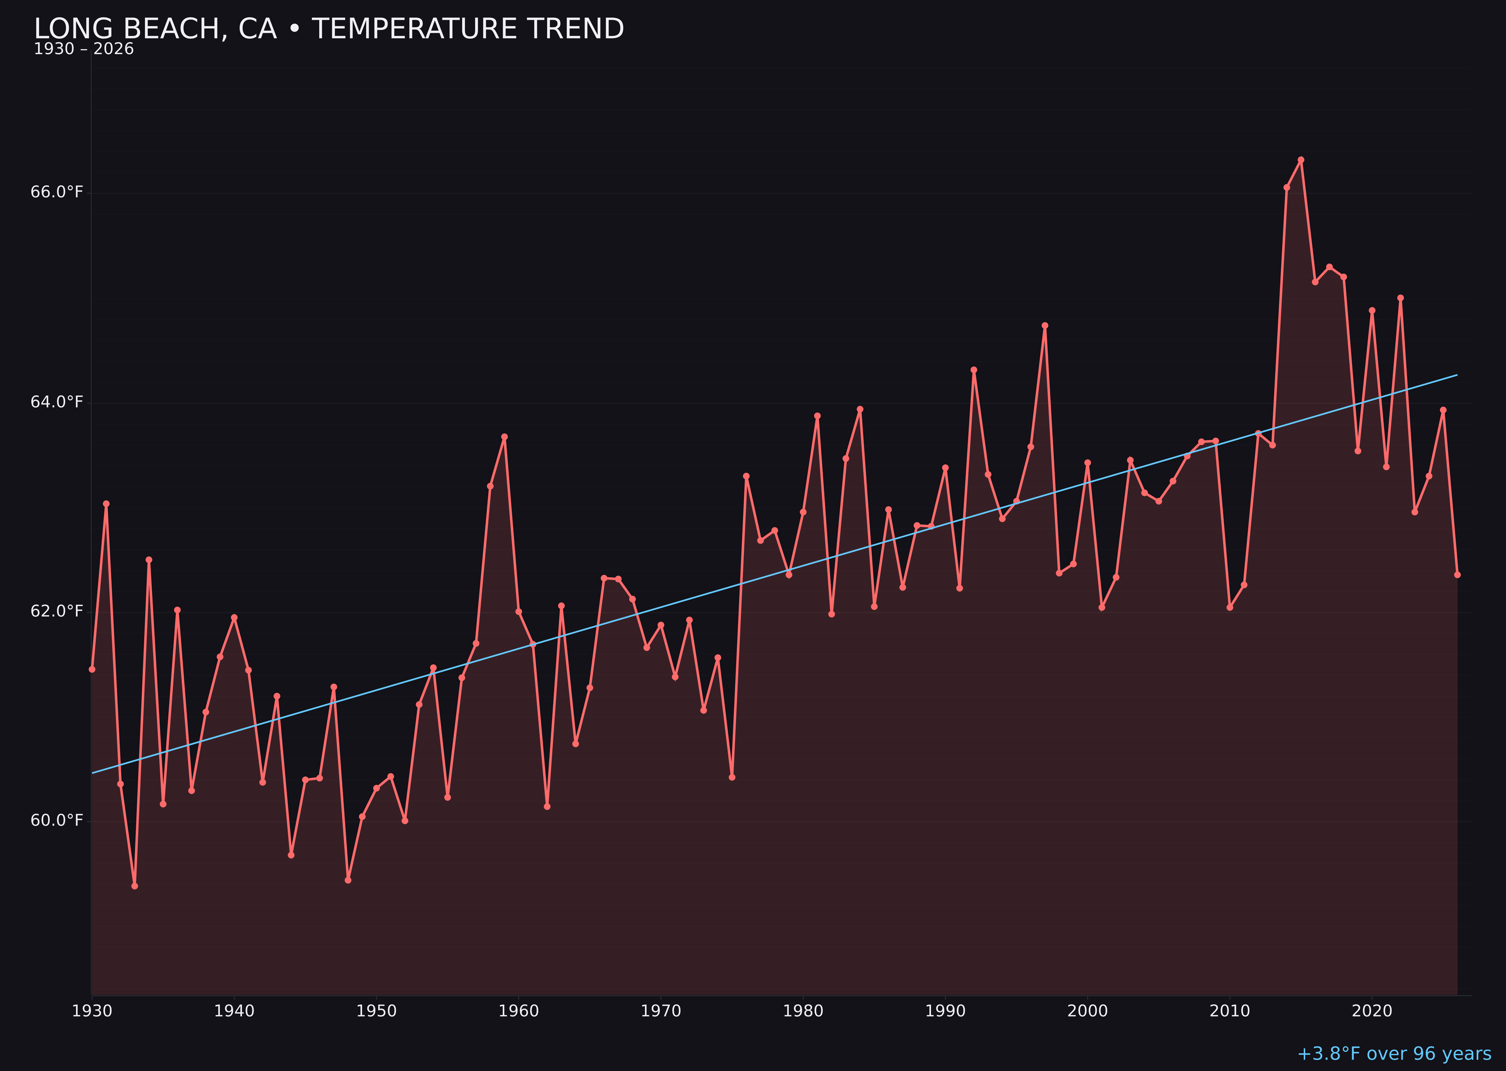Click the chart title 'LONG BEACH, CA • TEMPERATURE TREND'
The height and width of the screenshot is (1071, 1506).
click(328, 29)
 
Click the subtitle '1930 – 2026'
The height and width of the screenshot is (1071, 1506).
click(84, 49)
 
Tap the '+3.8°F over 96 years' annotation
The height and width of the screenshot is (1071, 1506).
click(1393, 1053)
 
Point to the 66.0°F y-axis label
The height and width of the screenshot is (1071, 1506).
click(57, 192)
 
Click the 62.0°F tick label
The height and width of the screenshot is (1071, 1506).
click(57, 611)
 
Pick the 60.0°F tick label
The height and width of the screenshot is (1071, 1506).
click(57, 821)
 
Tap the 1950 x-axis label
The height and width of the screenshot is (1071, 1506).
click(376, 1011)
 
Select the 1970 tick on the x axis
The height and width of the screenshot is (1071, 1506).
click(661, 1011)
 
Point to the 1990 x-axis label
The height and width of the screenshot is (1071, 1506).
click(945, 1011)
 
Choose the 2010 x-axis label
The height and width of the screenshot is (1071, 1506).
click(1230, 1011)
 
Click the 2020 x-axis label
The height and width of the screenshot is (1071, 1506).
click(1372, 1011)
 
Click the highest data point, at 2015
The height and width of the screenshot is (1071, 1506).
click(1301, 160)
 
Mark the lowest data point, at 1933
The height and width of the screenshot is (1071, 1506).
click(134, 886)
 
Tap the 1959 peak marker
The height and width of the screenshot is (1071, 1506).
click(505, 436)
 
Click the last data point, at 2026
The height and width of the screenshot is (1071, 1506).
click(1457, 574)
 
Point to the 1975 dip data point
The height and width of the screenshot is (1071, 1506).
click(732, 777)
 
